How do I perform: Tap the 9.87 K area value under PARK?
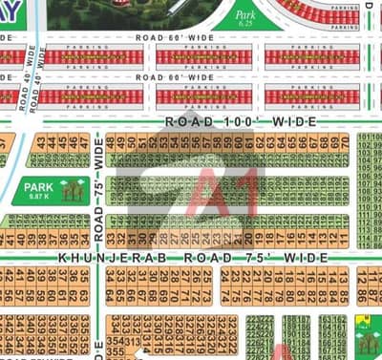(x=37, y=197)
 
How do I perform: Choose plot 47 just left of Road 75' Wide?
(x=83, y=143)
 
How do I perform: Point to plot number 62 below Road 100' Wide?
(x=260, y=143)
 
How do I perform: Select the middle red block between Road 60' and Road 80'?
(x=203, y=56)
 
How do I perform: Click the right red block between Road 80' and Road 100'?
(x=312, y=96)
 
